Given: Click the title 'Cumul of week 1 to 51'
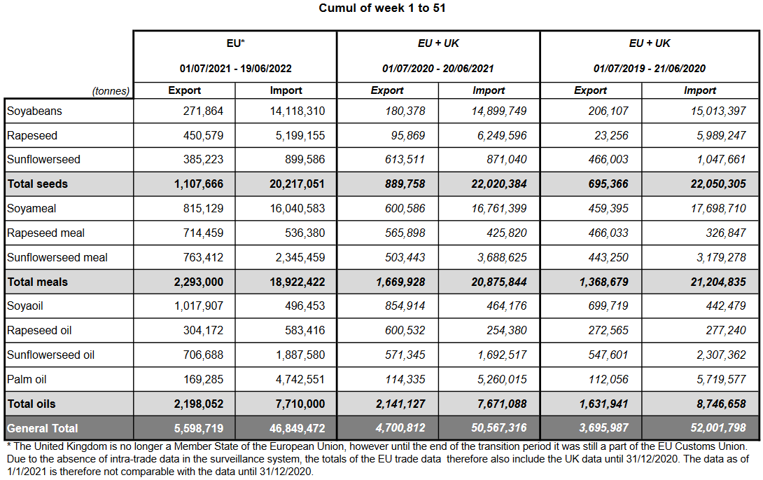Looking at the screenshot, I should point(381,8).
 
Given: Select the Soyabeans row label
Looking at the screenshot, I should point(34,111).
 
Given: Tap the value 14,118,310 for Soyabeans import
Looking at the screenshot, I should point(297,111).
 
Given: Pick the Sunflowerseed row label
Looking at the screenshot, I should point(43,159).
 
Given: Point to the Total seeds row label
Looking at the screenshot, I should point(38,184).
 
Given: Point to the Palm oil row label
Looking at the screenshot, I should point(27,379).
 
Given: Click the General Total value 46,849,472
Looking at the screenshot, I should point(293,428).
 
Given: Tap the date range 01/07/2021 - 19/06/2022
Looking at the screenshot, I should point(235,69).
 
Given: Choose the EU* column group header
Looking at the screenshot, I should point(235,43).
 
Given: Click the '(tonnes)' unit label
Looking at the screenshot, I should point(111,91).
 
